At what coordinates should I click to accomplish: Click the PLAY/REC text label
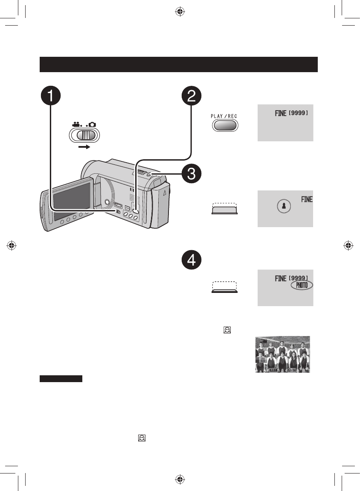[x=225, y=116]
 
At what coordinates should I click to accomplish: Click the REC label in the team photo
[x=262, y=370]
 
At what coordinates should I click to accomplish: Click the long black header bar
[x=179, y=64]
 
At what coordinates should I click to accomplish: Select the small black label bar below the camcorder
[x=61, y=378]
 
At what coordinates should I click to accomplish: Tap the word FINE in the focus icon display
[x=307, y=199]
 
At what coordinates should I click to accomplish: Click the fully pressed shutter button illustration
[x=225, y=289]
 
